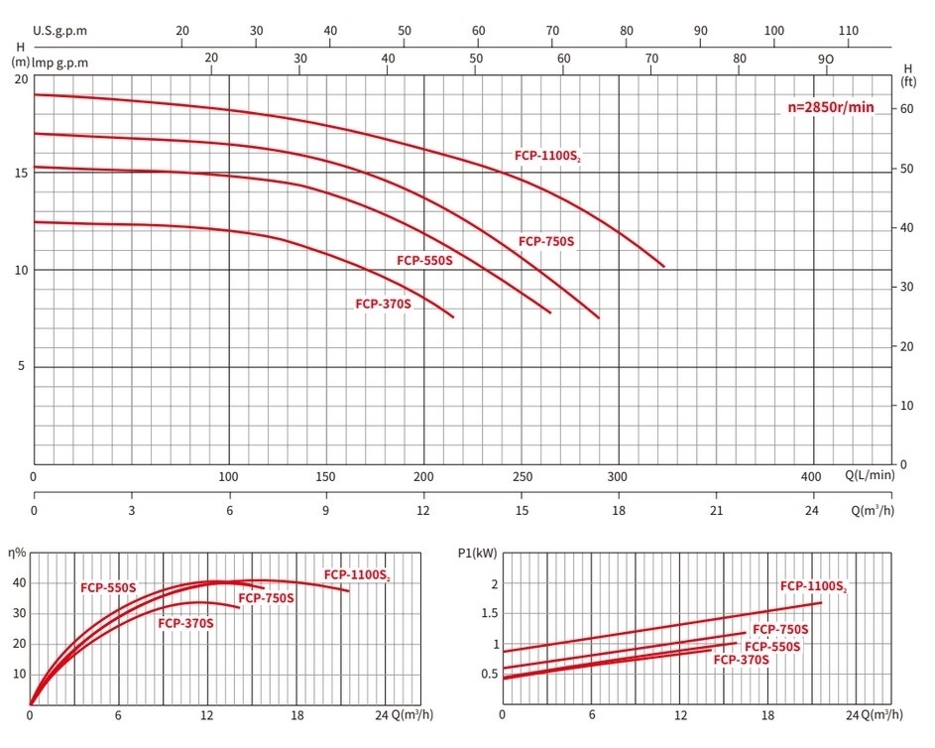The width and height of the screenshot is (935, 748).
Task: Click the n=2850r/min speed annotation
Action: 831,107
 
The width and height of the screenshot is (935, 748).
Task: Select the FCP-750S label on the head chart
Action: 546,241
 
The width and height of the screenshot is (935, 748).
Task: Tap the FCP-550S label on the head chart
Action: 424,261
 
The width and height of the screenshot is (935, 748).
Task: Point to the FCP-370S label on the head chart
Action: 383,305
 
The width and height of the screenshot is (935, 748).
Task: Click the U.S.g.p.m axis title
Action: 60,31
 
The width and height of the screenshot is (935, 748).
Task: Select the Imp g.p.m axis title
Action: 60,62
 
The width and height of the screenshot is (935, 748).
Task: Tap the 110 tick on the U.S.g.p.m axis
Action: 848,31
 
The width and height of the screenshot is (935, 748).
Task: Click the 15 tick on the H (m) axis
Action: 22,173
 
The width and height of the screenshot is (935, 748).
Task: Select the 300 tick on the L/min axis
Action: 619,476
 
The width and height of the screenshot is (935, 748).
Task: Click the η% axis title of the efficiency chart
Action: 17,552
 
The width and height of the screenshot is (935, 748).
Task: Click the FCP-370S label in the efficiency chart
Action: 185,623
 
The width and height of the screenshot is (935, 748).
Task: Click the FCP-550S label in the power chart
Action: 772,646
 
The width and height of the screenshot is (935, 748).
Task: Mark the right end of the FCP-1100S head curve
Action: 663,267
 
